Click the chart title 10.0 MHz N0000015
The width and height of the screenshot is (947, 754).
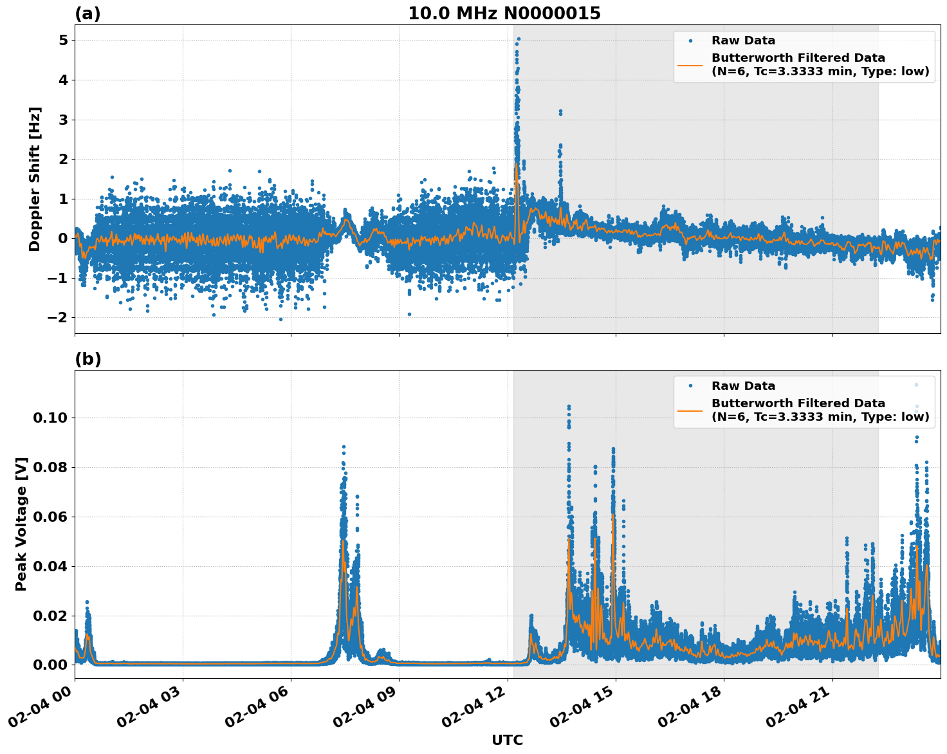click(x=504, y=14)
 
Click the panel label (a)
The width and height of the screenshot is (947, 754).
click(x=87, y=14)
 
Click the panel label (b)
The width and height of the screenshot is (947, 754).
click(x=87, y=359)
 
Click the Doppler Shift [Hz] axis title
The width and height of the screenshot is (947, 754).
click(x=35, y=179)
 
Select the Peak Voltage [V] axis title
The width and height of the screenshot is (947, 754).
click(x=21, y=524)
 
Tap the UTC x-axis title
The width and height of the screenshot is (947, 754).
click(x=507, y=740)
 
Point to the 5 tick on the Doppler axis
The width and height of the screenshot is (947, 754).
click(x=63, y=41)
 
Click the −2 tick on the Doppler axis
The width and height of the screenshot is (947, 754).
click(x=59, y=318)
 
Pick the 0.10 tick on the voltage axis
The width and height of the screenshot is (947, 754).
click(x=50, y=418)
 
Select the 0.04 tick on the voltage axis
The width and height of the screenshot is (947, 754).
click(x=50, y=567)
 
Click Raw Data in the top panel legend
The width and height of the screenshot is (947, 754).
click(x=743, y=41)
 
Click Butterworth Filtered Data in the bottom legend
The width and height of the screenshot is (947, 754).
click(x=798, y=403)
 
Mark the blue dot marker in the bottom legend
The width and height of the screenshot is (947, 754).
click(x=690, y=386)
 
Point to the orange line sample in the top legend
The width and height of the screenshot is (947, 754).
click(x=690, y=64)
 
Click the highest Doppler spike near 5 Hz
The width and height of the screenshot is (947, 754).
click(x=519, y=39)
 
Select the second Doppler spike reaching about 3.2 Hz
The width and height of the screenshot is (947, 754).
click(x=560, y=112)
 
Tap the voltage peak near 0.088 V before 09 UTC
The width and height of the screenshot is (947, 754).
click(x=344, y=446)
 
